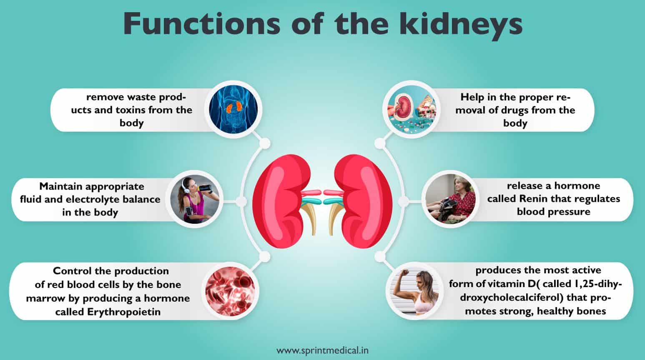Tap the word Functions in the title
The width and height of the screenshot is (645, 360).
click(201, 24)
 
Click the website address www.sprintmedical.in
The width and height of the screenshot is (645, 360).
click(323, 350)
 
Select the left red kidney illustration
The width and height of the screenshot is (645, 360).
click(285, 201)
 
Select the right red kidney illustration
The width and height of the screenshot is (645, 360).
click(359, 201)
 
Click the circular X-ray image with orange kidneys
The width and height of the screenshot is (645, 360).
click(233, 109)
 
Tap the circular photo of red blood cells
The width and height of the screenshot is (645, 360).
click(230, 291)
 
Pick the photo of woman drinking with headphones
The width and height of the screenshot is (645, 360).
click(195, 199)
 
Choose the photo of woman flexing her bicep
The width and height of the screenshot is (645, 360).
click(414, 291)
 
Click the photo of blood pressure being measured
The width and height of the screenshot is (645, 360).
click(451, 199)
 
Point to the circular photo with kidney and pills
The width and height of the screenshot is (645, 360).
click(412, 109)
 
